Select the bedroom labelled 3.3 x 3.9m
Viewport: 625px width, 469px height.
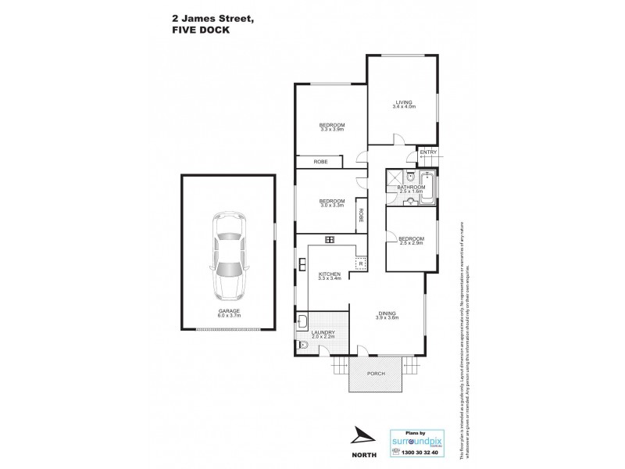coord(332,127)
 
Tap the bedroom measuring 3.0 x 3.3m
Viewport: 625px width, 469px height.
coord(331,202)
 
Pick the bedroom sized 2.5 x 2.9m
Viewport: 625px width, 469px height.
coord(411,241)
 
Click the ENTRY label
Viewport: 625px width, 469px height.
coord(427,153)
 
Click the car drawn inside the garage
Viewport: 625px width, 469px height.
coord(229,256)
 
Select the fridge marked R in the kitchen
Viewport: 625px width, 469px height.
coord(361,263)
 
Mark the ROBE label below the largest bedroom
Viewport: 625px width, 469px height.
coord(320,162)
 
